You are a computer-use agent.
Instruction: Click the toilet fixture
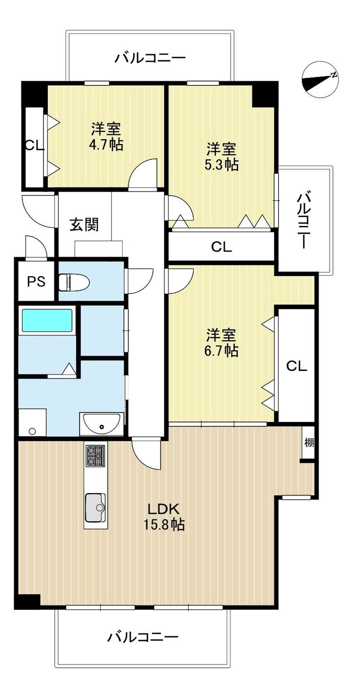point(74,282)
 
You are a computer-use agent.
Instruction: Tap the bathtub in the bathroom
point(47,320)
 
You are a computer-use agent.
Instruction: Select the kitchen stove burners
point(95,456)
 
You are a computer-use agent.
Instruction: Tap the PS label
point(36,281)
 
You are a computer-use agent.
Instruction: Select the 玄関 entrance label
point(84,224)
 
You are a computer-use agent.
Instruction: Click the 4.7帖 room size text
point(106,145)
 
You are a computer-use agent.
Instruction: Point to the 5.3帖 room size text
point(221,165)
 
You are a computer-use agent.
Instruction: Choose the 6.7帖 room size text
point(221,351)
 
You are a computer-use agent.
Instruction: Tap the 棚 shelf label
point(309,442)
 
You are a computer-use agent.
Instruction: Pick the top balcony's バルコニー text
point(150,58)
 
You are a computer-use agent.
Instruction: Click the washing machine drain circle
point(32,431)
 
